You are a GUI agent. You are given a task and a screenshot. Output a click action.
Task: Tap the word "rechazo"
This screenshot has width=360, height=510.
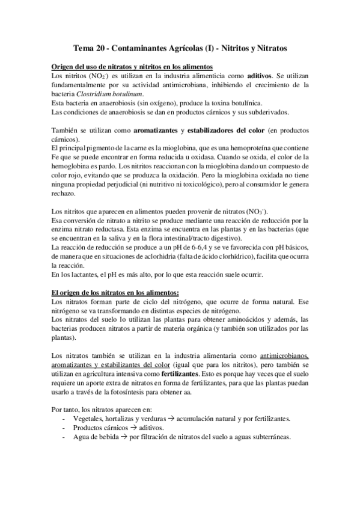[63, 194]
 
